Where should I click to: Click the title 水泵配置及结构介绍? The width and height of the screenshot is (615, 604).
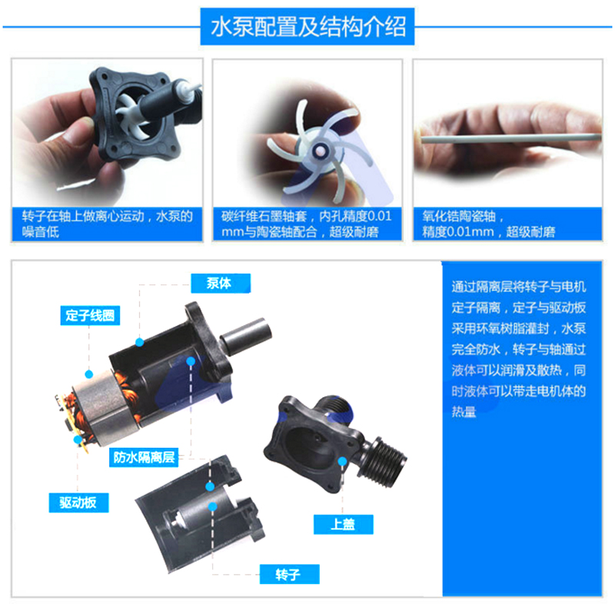click(308, 27)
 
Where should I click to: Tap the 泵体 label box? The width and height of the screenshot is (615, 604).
click(221, 283)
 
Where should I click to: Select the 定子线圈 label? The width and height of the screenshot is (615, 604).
click(90, 316)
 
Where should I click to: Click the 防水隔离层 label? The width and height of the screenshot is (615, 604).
click(144, 457)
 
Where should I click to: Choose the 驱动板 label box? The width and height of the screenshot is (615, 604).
click(78, 503)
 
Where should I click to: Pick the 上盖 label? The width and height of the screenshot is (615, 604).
click(343, 524)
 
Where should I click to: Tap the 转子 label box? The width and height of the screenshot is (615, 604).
click(290, 574)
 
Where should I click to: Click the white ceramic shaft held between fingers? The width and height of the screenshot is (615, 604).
click(510, 138)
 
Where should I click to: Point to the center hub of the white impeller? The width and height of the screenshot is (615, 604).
click(320, 150)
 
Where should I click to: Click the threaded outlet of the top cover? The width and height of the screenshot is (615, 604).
click(387, 459)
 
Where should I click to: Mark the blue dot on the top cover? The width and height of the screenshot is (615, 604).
click(342, 461)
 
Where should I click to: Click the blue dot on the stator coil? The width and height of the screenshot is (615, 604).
click(89, 374)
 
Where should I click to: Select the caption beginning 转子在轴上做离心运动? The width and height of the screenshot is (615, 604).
click(108, 224)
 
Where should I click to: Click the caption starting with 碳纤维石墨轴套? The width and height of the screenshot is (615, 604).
click(306, 224)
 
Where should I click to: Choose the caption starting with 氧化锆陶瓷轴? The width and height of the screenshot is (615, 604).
click(489, 224)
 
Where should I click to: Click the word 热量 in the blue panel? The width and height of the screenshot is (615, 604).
click(464, 412)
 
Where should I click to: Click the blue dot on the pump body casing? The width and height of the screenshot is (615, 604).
click(140, 342)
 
